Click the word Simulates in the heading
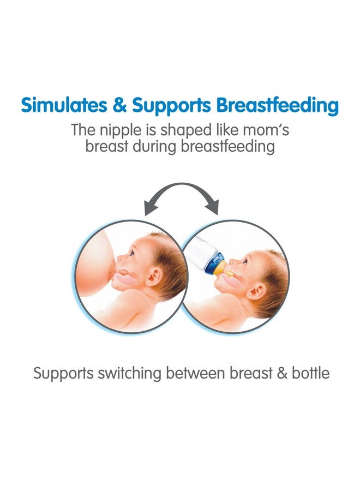pos(64,105)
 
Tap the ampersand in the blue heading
pos(119,105)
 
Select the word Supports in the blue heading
pos(171,106)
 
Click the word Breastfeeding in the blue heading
pos(277,106)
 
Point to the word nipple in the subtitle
pos(121,131)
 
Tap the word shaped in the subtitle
pos(185,131)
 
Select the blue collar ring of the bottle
pos(214,263)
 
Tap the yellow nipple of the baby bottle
pos(225,270)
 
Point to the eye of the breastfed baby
pos(132,253)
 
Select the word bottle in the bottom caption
pos(310,373)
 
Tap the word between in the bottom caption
pos(196,373)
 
